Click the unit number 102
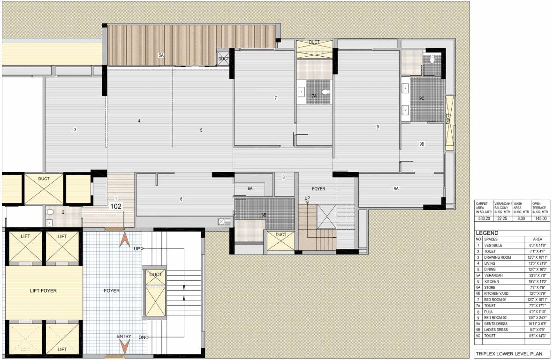coord(116,205)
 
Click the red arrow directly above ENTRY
coord(124,348)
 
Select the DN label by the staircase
coord(142,337)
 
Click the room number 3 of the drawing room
coord(75,129)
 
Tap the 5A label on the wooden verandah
coord(161,55)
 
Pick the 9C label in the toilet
coord(422,98)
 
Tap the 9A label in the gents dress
coord(396,188)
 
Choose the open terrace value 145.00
coord(540,218)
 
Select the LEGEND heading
coord(487,233)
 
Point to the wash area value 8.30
coord(521,218)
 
